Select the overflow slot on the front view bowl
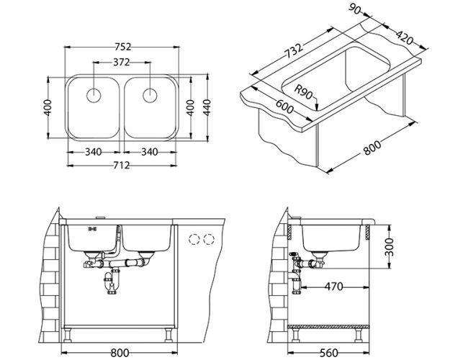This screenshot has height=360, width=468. click(x=91, y=229)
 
